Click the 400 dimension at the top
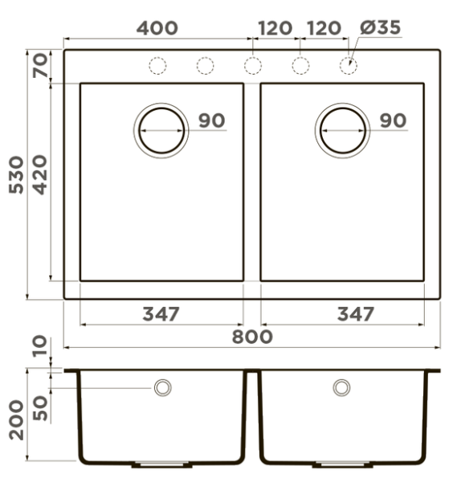(x=157, y=28)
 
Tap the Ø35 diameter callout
(x=380, y=27)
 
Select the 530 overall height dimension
(x=16, y=174)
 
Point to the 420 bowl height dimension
(x=40, y=174)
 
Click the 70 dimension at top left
(x=41, y=65)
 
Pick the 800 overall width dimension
(x=252, y=337)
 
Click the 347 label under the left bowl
(x=161, y=314)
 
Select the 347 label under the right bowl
(x=356, y=314)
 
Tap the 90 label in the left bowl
(x=212, y=121)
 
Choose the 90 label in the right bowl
(x=394, y=121)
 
